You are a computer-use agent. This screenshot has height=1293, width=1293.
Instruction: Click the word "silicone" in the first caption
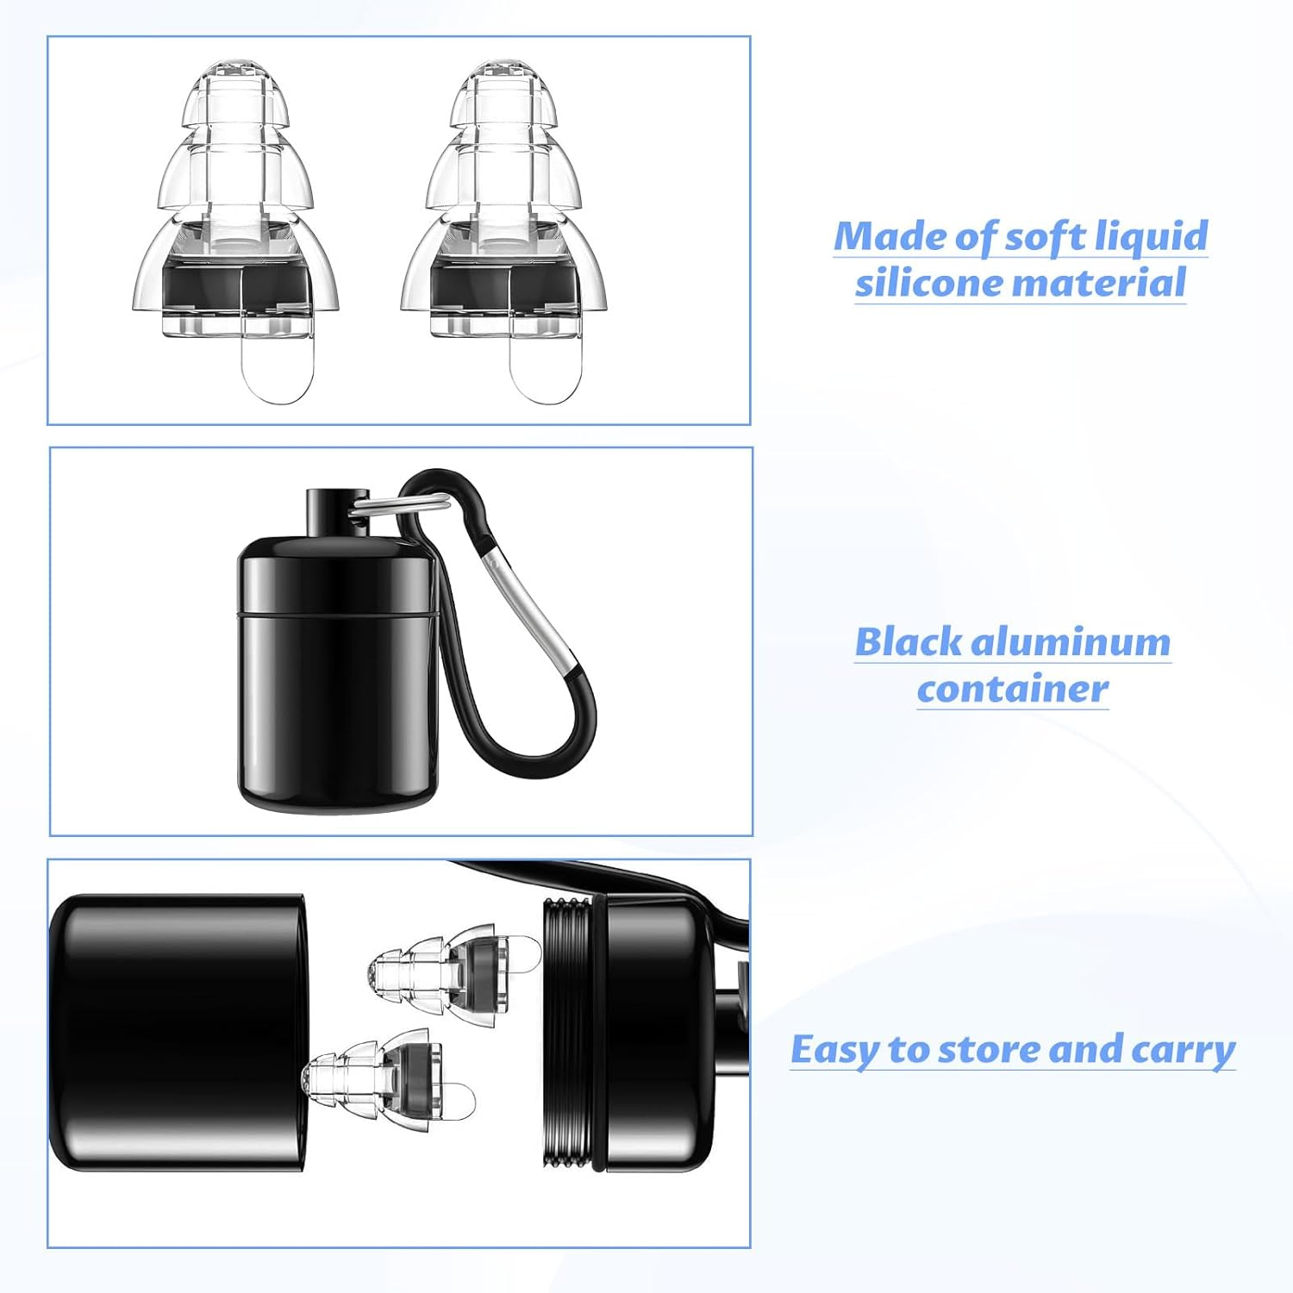(931, 283)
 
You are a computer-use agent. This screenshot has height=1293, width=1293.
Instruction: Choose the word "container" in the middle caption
(1013, 689)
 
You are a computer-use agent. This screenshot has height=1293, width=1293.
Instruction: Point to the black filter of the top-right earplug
(503, 281)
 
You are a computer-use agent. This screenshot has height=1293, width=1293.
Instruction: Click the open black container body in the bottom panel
(178, 1034)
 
